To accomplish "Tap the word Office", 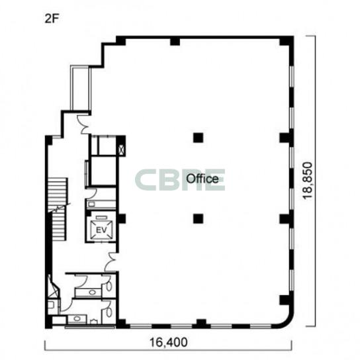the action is point(202,179).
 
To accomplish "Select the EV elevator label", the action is point(101,230).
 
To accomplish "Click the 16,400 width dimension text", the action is point(169,342).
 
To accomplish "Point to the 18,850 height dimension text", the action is point(308,181).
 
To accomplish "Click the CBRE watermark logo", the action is point(180,180).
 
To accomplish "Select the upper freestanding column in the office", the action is point(198,138).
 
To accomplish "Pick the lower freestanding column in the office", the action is point(198,219).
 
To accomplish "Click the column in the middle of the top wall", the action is point(175,42).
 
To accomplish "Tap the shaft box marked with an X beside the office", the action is point(120,150).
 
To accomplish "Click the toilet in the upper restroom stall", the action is point(109,286).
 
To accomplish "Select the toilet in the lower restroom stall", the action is point(109,312).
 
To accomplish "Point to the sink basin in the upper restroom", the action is point(92,292).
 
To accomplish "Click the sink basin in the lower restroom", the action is point(77,319).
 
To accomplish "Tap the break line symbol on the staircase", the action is point(60,208).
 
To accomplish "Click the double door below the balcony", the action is point(84,124).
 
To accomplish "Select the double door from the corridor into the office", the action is point(111,262).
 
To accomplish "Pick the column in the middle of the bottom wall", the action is point(201,324).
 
